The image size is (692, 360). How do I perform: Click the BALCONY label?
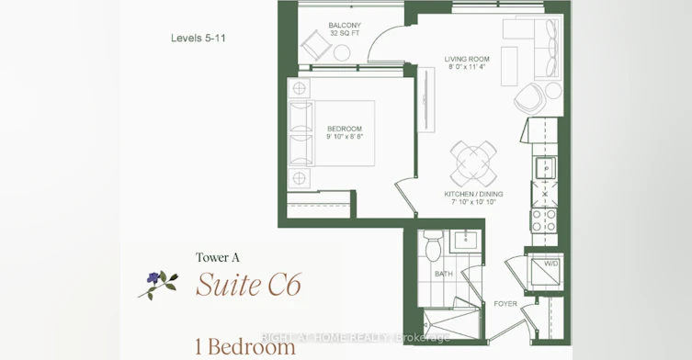(345, 25)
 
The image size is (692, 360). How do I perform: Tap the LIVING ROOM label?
(467, 59)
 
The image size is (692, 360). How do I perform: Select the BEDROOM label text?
(345, 129)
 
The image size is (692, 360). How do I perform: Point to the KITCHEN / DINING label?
(473, 194)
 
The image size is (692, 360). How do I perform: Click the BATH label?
(444, 274)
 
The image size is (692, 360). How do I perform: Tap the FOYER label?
(505, 304)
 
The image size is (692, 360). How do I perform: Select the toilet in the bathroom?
(433, 245)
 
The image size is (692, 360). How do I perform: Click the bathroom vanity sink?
(466, 241)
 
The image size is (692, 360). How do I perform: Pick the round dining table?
(473, 163)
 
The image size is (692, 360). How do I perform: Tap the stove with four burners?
(544, 220)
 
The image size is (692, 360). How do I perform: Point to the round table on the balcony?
(341, 53)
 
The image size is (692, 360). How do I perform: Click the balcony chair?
(316, 45)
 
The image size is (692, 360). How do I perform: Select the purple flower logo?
(158, 284)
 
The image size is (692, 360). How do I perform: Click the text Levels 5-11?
(199, 38)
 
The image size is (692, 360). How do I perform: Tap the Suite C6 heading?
(248, 285)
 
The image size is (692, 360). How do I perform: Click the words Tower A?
(218, 257)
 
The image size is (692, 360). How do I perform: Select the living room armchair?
(528, 98)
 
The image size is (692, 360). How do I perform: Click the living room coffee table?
(509, 66)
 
